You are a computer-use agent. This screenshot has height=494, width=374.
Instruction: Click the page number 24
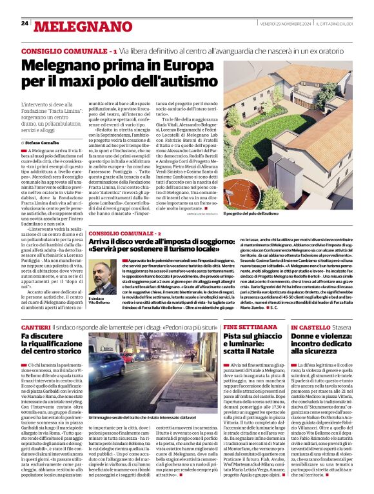[x=25, y=23]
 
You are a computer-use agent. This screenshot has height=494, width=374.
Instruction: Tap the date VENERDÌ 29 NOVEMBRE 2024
[x=284, y=24]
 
